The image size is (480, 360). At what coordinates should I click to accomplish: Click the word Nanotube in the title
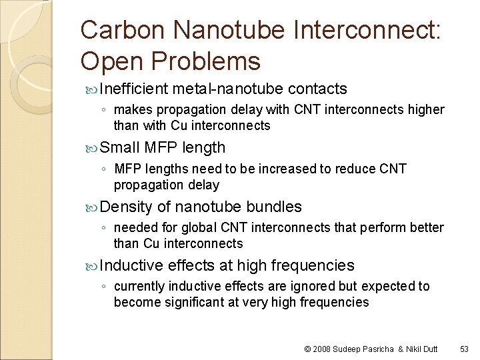click(x=224, y=30)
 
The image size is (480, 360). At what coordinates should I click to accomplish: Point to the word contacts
click(x=317, y=89)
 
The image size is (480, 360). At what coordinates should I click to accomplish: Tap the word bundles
click(x=274, y=207)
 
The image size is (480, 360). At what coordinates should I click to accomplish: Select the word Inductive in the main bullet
click(x=131, y=265)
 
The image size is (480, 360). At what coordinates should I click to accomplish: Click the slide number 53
click(x=465, y=349)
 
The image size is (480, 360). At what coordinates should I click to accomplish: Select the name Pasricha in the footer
click(x=380, y=349)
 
